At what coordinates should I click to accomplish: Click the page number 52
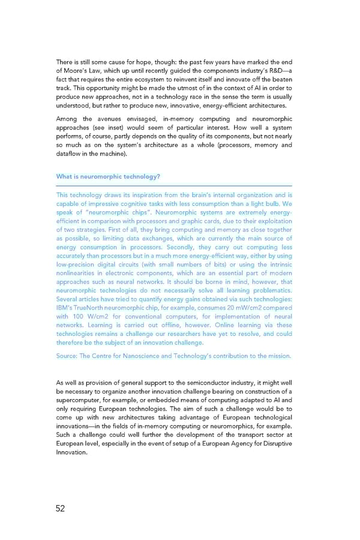60,509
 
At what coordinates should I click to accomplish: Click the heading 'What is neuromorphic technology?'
108,177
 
